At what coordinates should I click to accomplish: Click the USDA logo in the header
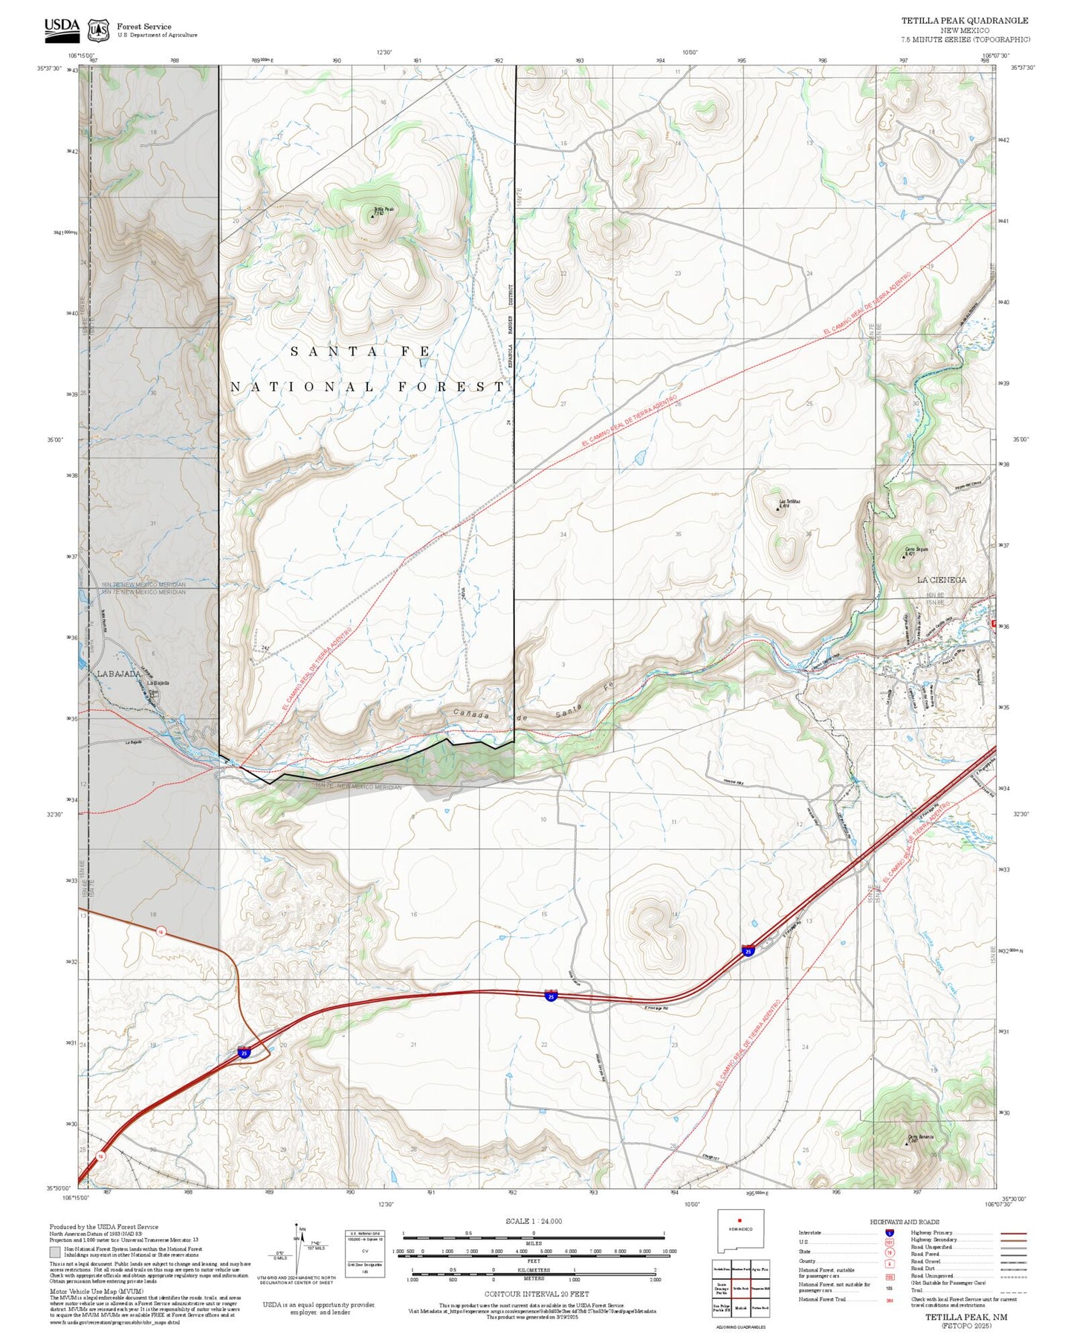62,28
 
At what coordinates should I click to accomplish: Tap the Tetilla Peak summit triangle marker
373,216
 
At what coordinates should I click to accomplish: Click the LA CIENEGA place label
941,579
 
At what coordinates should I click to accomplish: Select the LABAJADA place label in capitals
119,674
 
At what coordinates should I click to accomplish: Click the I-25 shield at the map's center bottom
551,995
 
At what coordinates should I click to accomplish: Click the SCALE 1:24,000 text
533,1221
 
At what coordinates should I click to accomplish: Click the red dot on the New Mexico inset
739,1219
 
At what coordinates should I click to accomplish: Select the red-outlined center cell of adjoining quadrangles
739,1288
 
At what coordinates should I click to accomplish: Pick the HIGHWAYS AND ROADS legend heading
905,1222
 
